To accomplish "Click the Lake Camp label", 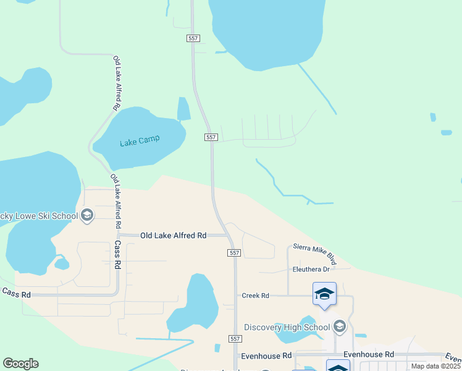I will pyautogui.click(x=139, y=141).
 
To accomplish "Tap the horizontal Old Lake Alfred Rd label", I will pyautogui.click(x=173, y=236).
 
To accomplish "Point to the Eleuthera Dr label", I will pyautogui.click(x=312, y=269).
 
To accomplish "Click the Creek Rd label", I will pyautogui.click(x=255, y=296).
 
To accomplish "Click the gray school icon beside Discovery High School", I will pyautogui.click(x=339, y=325).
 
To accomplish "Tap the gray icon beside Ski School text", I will pyautogui.click(x=87, y=215).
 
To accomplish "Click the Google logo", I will pyautogui.click(x=20, y=364).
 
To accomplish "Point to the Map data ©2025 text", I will pyautogui.click(x=436, y=366).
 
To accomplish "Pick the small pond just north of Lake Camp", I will pyautogui.click(x=183, y=109).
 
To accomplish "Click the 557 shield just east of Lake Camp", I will pyautogui.click(x=211, y=137).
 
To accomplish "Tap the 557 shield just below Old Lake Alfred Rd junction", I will pyautogui.click(x=233, y=253).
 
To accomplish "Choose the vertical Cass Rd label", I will pyautogui.click(x=117, y=254).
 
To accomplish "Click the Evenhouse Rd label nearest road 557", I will pyautogui.click(x=266, y=356).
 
